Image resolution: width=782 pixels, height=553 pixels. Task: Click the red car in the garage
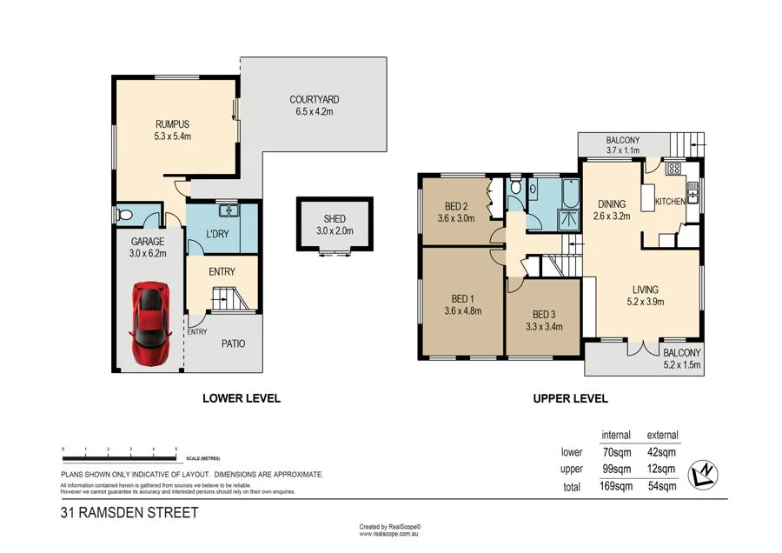149,323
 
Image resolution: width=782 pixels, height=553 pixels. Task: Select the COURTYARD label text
314,100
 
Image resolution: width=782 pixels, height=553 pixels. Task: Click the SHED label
334,218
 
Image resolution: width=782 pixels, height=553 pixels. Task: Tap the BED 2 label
455,207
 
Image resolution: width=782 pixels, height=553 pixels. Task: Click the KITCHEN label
669,202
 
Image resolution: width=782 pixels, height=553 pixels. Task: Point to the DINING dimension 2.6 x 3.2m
612,217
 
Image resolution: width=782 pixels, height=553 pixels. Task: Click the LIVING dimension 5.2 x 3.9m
645,302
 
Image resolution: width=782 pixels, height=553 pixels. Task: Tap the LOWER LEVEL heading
241,399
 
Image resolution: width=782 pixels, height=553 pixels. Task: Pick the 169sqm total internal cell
615,487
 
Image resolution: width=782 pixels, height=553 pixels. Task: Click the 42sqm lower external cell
662,452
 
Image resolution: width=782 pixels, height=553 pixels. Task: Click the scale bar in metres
119,456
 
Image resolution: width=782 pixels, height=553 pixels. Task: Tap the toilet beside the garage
125,216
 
